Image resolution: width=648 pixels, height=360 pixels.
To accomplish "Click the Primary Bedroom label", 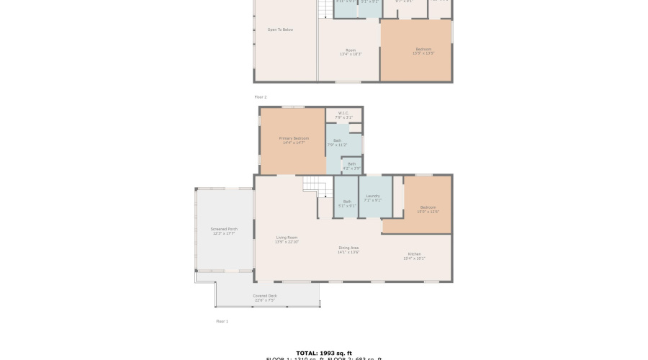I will pos(294,138).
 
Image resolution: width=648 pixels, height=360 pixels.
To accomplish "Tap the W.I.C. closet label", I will pos(344,113).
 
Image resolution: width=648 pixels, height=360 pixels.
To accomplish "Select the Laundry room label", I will pos(373,196).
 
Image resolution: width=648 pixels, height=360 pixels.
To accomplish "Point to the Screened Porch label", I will pos(224,229).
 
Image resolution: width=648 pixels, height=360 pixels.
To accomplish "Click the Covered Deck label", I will pos(264,295).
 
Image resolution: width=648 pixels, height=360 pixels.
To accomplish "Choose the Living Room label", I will pos(287,238).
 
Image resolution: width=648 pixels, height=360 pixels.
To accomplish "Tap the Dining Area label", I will pos(348,248).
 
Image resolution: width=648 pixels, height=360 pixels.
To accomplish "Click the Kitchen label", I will pos(415,254).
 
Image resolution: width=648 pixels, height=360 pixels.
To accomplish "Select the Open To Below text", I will pos(280,30).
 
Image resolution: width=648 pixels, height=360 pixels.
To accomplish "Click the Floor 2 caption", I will pos(260,96).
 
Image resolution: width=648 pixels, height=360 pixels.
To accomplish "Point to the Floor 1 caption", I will pos(222,321).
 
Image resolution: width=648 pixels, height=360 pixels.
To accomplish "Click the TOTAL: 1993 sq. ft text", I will pos(323,353).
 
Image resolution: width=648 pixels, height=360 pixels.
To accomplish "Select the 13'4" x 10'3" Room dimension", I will pos(351,54).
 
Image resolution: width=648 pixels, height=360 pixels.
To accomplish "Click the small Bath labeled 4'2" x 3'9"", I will pos(351,166).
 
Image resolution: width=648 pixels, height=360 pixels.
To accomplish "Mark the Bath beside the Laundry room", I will pos(347,203).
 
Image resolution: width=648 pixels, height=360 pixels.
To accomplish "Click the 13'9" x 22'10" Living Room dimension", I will pos(287,242).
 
